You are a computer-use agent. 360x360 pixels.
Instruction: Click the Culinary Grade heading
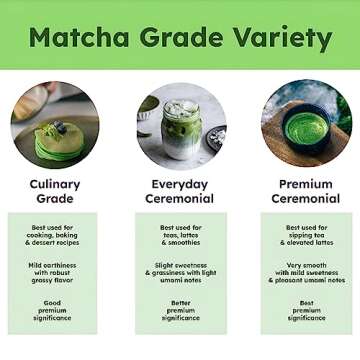(54, 191)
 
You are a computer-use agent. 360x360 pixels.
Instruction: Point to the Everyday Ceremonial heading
(180, 191)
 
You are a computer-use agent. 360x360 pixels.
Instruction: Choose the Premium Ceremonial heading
(306, 191)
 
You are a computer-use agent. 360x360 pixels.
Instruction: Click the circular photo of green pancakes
(54, 125)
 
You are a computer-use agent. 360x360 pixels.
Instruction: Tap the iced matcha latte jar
(180, 125)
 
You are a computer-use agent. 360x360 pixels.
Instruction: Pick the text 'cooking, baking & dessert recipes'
(54, 238)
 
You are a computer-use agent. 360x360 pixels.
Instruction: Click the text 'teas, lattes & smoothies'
(180, 238)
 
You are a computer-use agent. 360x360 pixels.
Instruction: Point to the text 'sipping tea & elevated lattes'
(306, 238)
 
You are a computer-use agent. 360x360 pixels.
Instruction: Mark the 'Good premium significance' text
(54, 310)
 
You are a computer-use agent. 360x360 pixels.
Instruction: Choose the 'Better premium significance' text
(180, 310)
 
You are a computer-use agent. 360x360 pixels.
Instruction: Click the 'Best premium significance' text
(306, 310)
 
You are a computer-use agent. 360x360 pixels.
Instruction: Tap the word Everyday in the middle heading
(180, 184)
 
